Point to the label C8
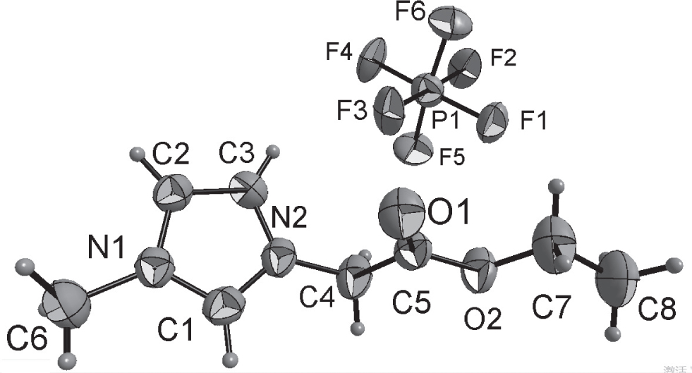(657, 307)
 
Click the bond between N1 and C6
(116, 286)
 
